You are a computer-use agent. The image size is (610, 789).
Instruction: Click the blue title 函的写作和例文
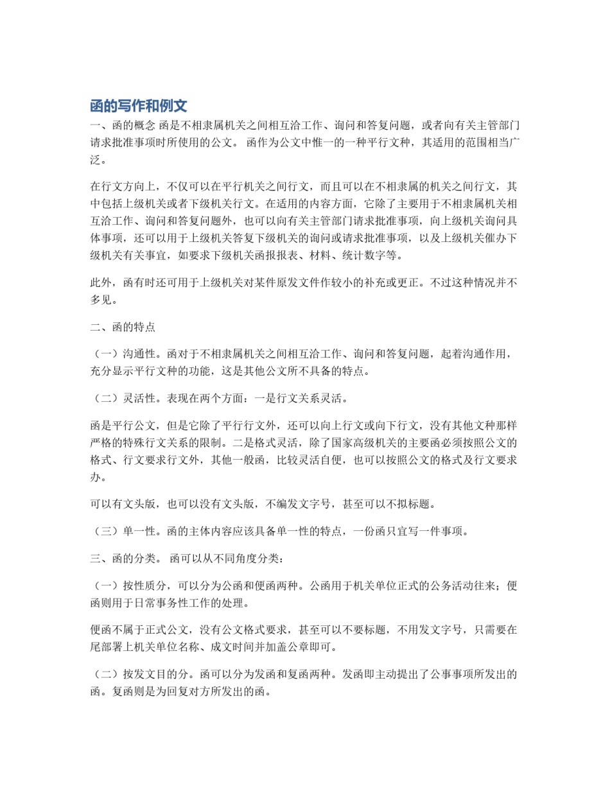[138, 106]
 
